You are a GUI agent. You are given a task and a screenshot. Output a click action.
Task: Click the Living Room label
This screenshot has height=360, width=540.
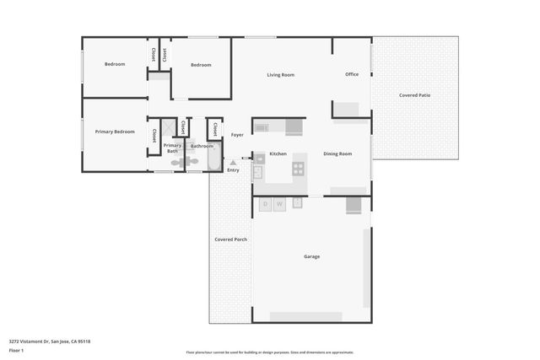pyautogui.click(x=280, y=75)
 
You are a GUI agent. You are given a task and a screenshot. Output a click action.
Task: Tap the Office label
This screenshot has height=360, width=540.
pyautogui.click(x=352, y=74)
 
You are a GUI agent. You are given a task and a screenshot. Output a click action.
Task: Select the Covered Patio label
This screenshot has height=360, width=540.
pyautogui.click(x=414, y=95)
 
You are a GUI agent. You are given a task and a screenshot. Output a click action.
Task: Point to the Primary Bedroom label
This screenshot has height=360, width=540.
pyautogui.click(x=115, y=132)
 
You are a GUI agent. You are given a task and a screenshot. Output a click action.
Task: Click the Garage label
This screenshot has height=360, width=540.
pyautogui.click(x=311, y=256)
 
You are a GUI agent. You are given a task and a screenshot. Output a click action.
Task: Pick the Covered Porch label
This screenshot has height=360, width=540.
pyautogui.click(x=230, y=239)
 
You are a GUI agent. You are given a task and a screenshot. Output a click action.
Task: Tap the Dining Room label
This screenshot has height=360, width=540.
pyautogui.click(x=337, y=153)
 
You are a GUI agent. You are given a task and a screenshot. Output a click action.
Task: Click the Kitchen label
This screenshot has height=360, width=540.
pyautogui.click(x=278, y=153)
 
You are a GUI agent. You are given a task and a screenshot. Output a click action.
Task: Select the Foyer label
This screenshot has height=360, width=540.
pyautogui.click(x=237, y=135)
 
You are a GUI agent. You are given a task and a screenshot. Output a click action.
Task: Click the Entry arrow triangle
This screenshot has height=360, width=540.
pyautogui.click(x=233, y=163)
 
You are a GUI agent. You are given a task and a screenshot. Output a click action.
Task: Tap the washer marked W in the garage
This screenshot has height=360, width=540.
pyautogui.click(x=278, y=204)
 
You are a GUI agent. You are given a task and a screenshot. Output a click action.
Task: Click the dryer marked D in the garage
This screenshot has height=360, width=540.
pyautogui.click(x=265, y=204)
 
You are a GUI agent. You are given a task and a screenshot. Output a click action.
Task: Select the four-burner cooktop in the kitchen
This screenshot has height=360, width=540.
pyautogui.click(x=298, y=169)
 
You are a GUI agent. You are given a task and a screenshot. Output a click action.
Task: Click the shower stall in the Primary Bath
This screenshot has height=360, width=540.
pyautogui.click(x=181, y=127)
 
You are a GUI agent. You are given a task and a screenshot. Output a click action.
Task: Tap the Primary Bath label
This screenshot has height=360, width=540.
pyautogui.click(x=171, y=148)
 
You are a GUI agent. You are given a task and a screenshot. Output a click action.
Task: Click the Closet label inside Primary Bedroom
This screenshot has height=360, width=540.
pyautogui.click(x=154, y=135)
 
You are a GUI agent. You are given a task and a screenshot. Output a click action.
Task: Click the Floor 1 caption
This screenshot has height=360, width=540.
pyautogui.click(x=17, y=350)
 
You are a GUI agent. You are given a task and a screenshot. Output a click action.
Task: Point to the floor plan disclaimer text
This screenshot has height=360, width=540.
pyautogui.click(x=269, y=352)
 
